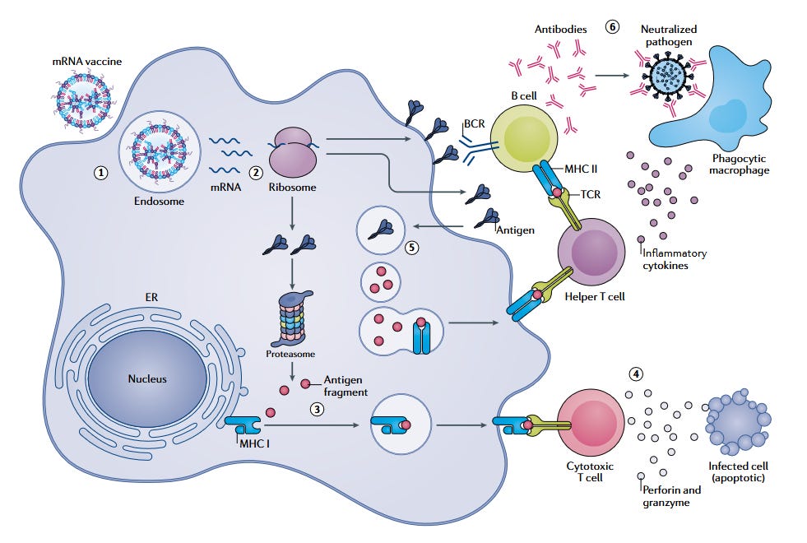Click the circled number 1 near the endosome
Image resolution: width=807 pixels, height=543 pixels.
(x=100, y=173)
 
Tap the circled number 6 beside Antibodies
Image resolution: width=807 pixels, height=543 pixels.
(x=612, y=26)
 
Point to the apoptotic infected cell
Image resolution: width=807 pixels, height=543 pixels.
(x=739, y=425)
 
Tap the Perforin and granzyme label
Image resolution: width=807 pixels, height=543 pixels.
(x=672, y=496)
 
